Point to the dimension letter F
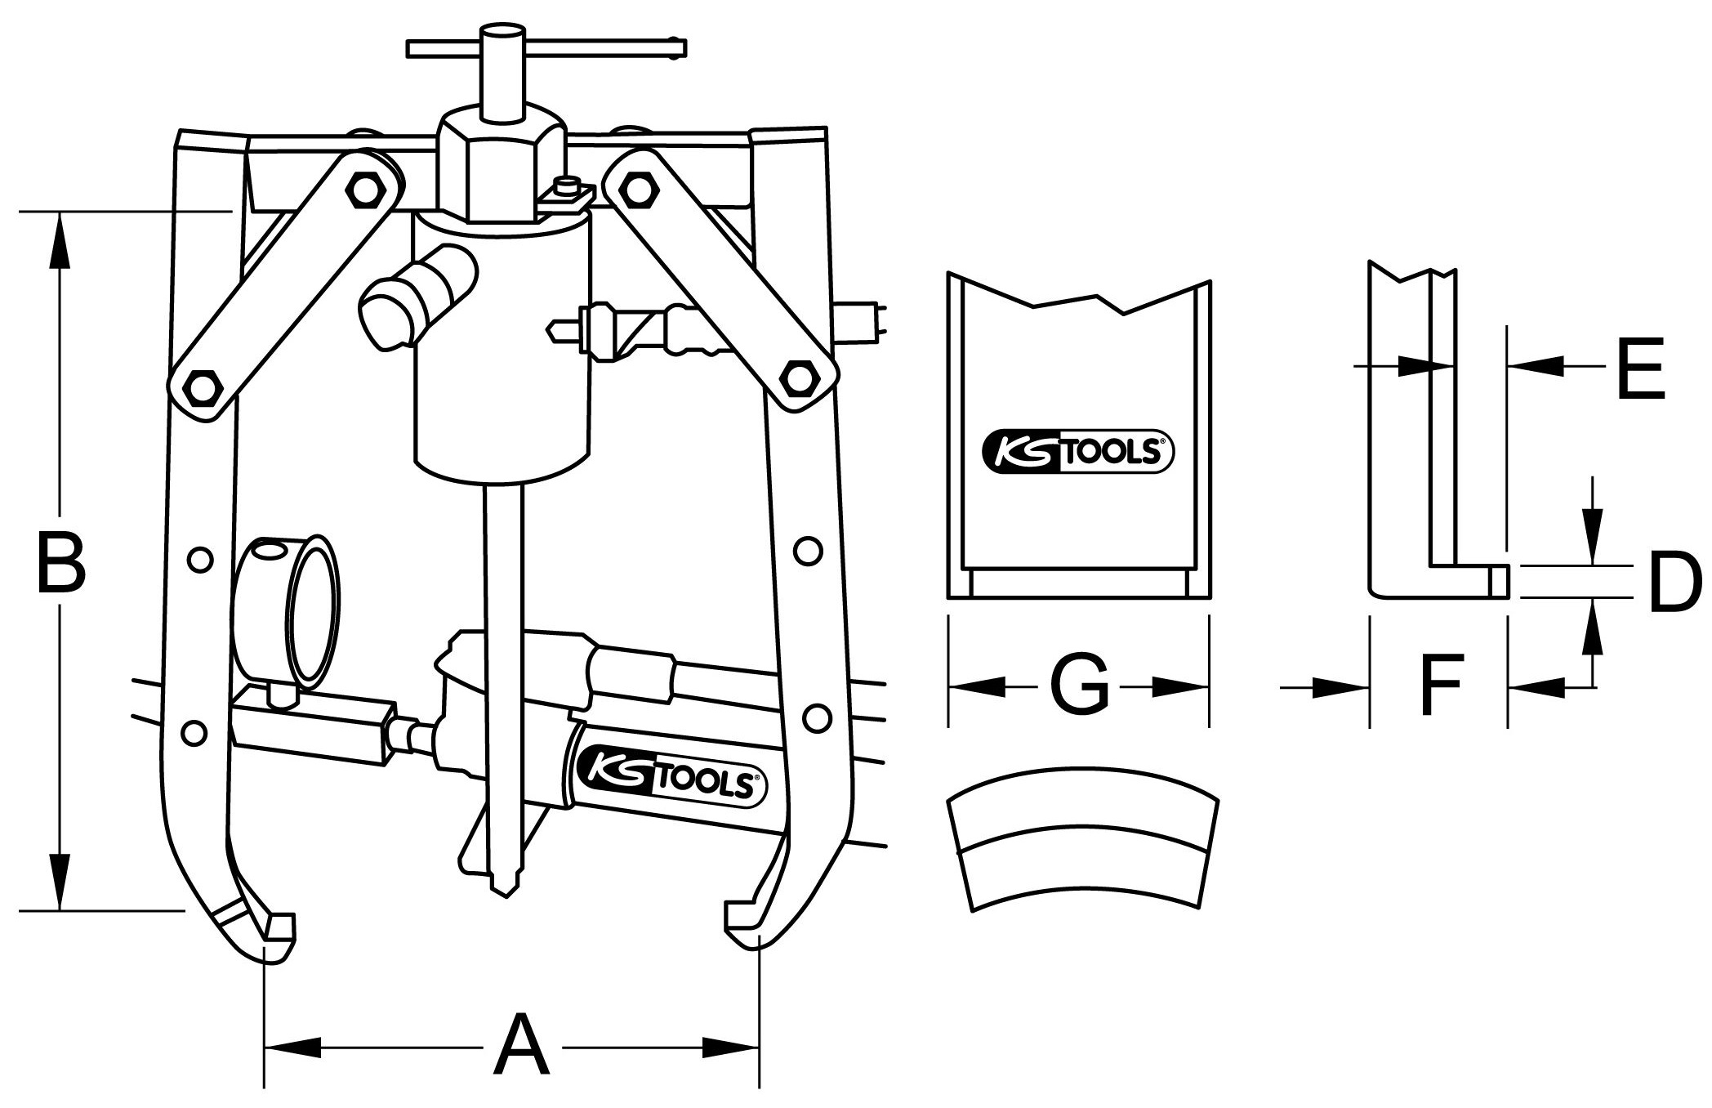click(1442, 684)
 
